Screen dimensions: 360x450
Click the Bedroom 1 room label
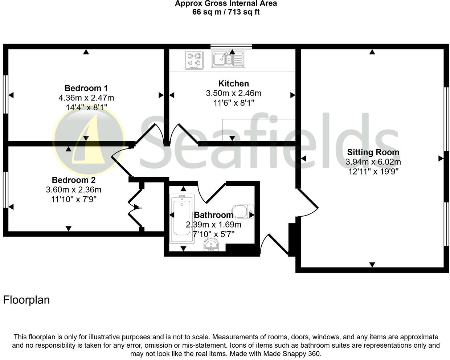[86, 88]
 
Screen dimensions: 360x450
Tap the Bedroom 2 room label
[74, 180]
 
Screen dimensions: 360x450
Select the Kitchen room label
[233, 83]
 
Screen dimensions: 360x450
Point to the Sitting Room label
[373, 152]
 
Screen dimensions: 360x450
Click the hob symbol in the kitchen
[194, 60]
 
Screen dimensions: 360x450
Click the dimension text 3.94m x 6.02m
[373, 162]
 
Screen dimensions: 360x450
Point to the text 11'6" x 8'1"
[233, 103]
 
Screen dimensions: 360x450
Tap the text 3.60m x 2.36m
[74, 189]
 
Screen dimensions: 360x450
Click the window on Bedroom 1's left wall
[5, 94]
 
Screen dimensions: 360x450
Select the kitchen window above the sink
[231, 46]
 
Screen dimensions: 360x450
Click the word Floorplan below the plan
[26, 300]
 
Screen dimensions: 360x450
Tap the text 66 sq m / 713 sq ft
[226, 12]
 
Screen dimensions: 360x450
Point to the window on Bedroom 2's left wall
[5, 190]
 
